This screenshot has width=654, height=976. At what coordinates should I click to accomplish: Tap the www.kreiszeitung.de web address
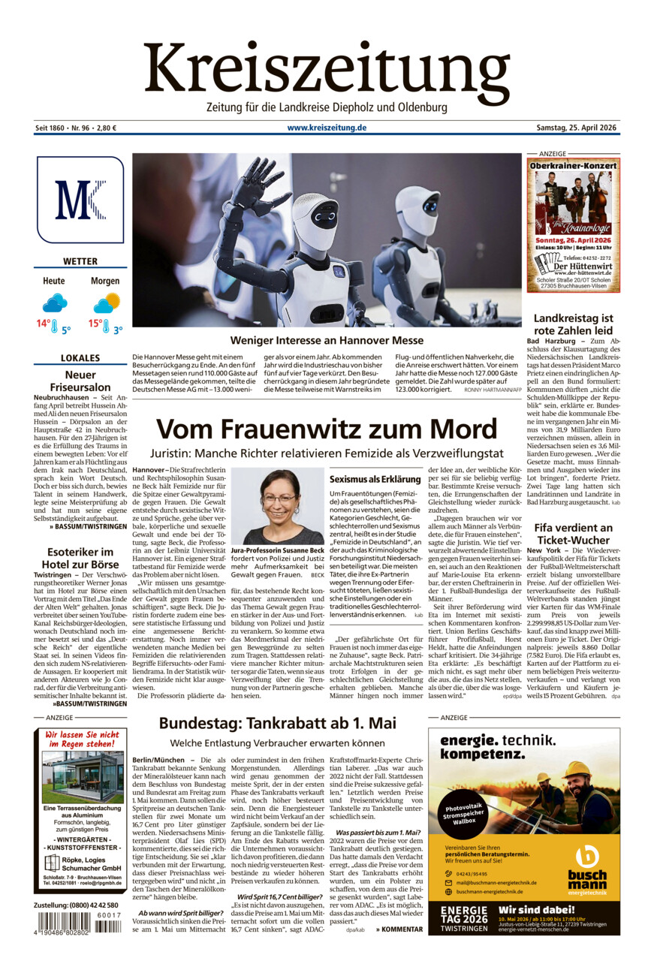point(327,128)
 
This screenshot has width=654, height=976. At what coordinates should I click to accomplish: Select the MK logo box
point(80,200)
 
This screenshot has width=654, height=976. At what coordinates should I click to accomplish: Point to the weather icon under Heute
point(54,303)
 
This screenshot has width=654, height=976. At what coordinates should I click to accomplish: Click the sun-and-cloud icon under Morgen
point(106,303)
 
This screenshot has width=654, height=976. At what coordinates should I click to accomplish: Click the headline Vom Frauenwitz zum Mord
point(327,429)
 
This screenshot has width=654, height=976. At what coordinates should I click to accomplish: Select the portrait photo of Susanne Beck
point(278,508)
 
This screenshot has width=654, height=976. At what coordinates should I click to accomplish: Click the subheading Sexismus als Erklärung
point(375,478)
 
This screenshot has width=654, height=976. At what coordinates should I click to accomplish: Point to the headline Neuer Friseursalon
point(80,381)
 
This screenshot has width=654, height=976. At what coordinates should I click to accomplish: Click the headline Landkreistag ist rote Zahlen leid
point(573,324)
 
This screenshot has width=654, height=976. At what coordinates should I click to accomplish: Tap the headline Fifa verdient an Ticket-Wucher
point(573,534)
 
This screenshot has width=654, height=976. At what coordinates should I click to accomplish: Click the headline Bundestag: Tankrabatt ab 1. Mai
point(277,723)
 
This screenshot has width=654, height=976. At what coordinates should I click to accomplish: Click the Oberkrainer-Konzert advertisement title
point(573,165)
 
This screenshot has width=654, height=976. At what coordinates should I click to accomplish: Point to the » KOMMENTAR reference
point(399,929)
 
